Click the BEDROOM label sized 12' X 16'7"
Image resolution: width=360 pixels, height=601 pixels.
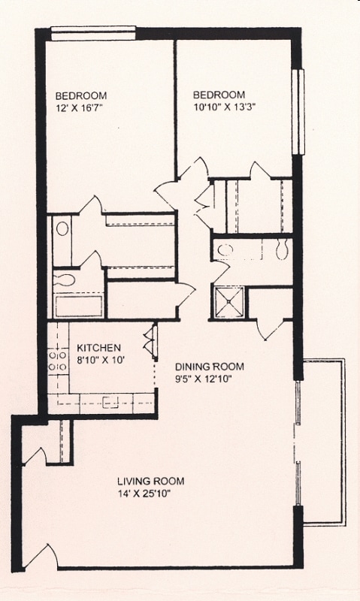click(81, 95)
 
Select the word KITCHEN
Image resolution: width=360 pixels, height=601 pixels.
click(99, 348)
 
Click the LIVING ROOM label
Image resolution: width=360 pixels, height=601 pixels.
click(150, 482)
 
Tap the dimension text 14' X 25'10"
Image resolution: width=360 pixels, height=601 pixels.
click(150, 494)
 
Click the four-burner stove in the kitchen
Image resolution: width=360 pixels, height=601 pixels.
click(56, 361)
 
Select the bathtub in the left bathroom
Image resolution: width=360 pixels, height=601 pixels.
click(77, 307)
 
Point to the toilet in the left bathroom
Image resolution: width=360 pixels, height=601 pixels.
click(64, 280)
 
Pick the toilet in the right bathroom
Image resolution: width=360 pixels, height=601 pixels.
click(282, 250)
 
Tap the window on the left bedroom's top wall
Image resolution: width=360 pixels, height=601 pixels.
click(93, 32)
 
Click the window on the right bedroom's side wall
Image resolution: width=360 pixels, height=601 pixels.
click(298, 110)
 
